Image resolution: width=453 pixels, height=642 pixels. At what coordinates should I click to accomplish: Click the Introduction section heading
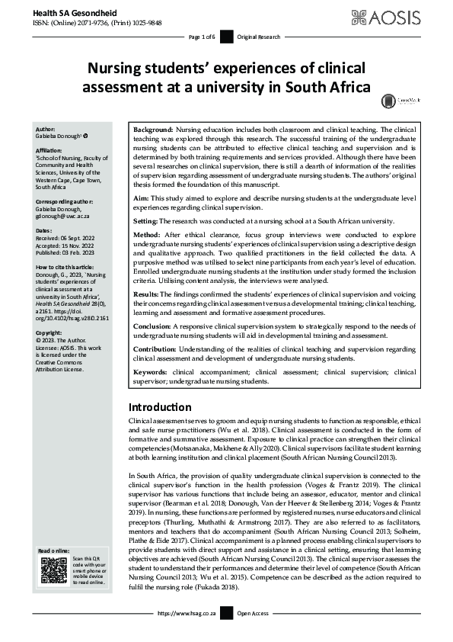(160, 406)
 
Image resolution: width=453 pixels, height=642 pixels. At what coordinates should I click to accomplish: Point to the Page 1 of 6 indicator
(202, 37)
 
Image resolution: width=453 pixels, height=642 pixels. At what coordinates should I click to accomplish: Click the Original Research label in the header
(259, 37)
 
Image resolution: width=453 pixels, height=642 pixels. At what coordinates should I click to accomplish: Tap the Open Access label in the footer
(253, 613)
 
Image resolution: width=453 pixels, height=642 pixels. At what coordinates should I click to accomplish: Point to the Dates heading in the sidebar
(44, 208)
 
